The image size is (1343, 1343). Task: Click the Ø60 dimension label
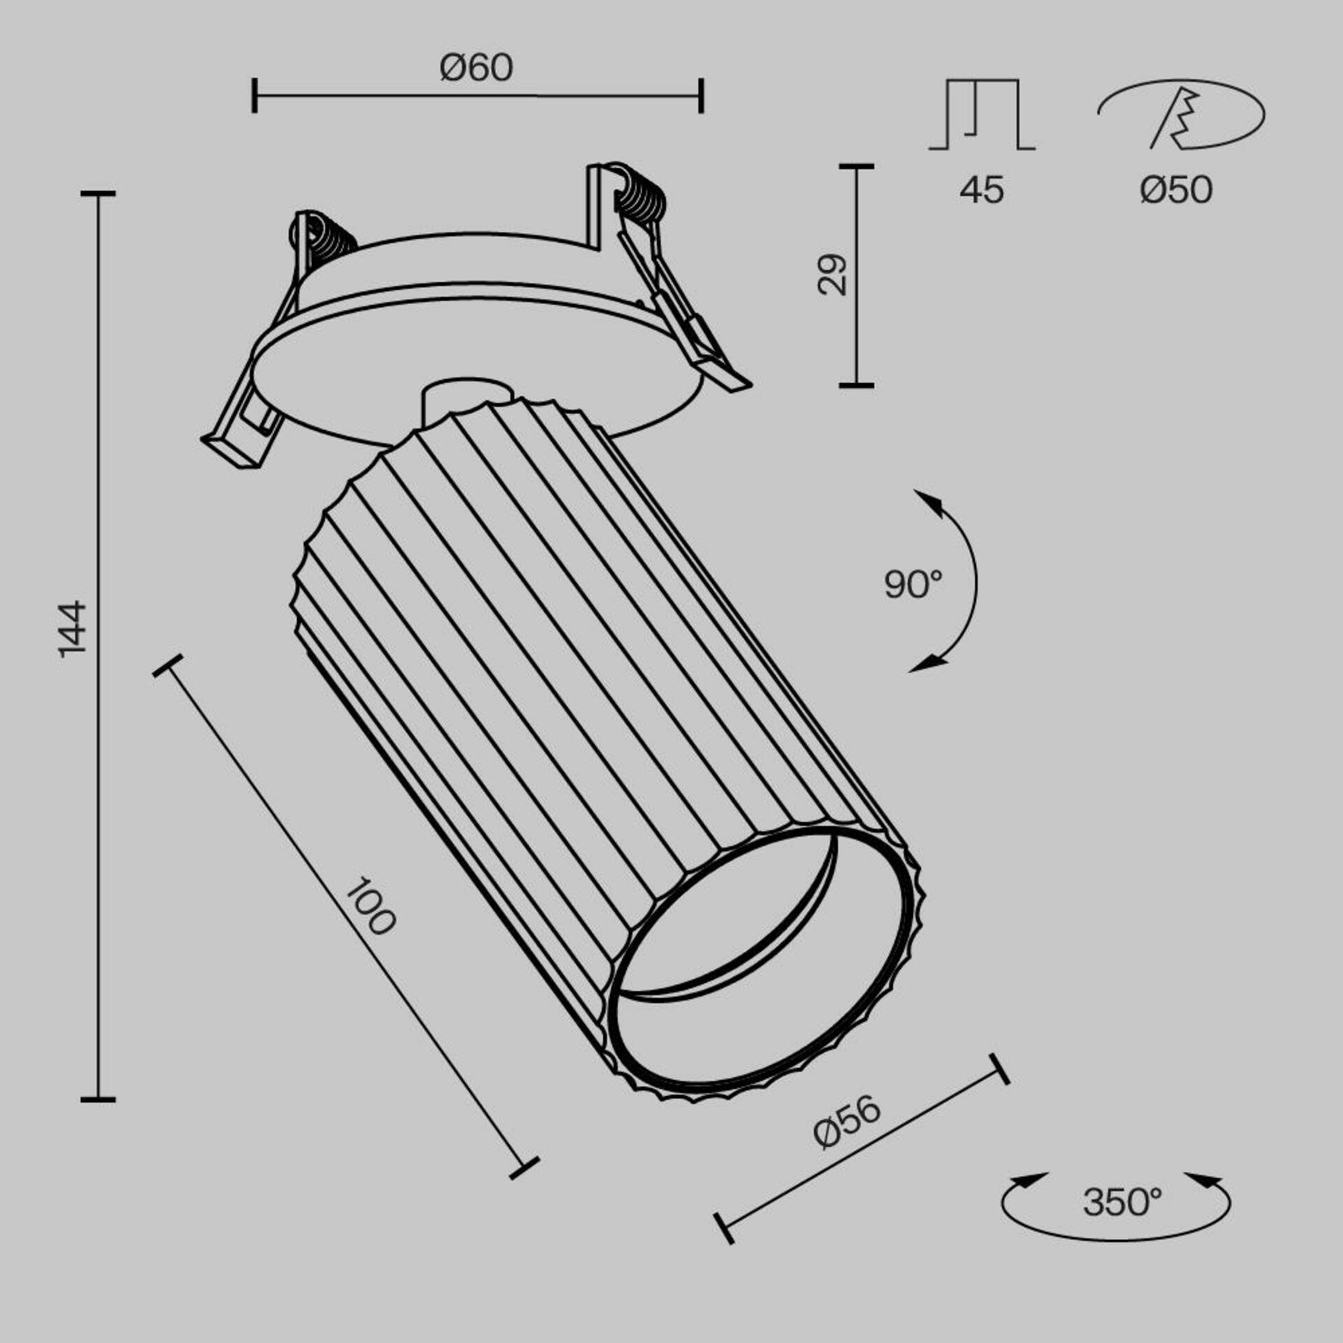[476, 69]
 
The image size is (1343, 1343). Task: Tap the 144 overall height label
[72, 627]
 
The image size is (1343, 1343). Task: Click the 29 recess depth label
[832, 275]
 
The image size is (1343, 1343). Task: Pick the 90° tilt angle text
[912, 583]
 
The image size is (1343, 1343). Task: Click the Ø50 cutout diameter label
[1176, 190]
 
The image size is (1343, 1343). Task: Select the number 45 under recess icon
[981, 190]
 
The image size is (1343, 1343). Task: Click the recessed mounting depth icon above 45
[981, 115]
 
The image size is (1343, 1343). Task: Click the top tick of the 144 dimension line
[98, 193]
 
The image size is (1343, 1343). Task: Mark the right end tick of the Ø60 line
[701, 96]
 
